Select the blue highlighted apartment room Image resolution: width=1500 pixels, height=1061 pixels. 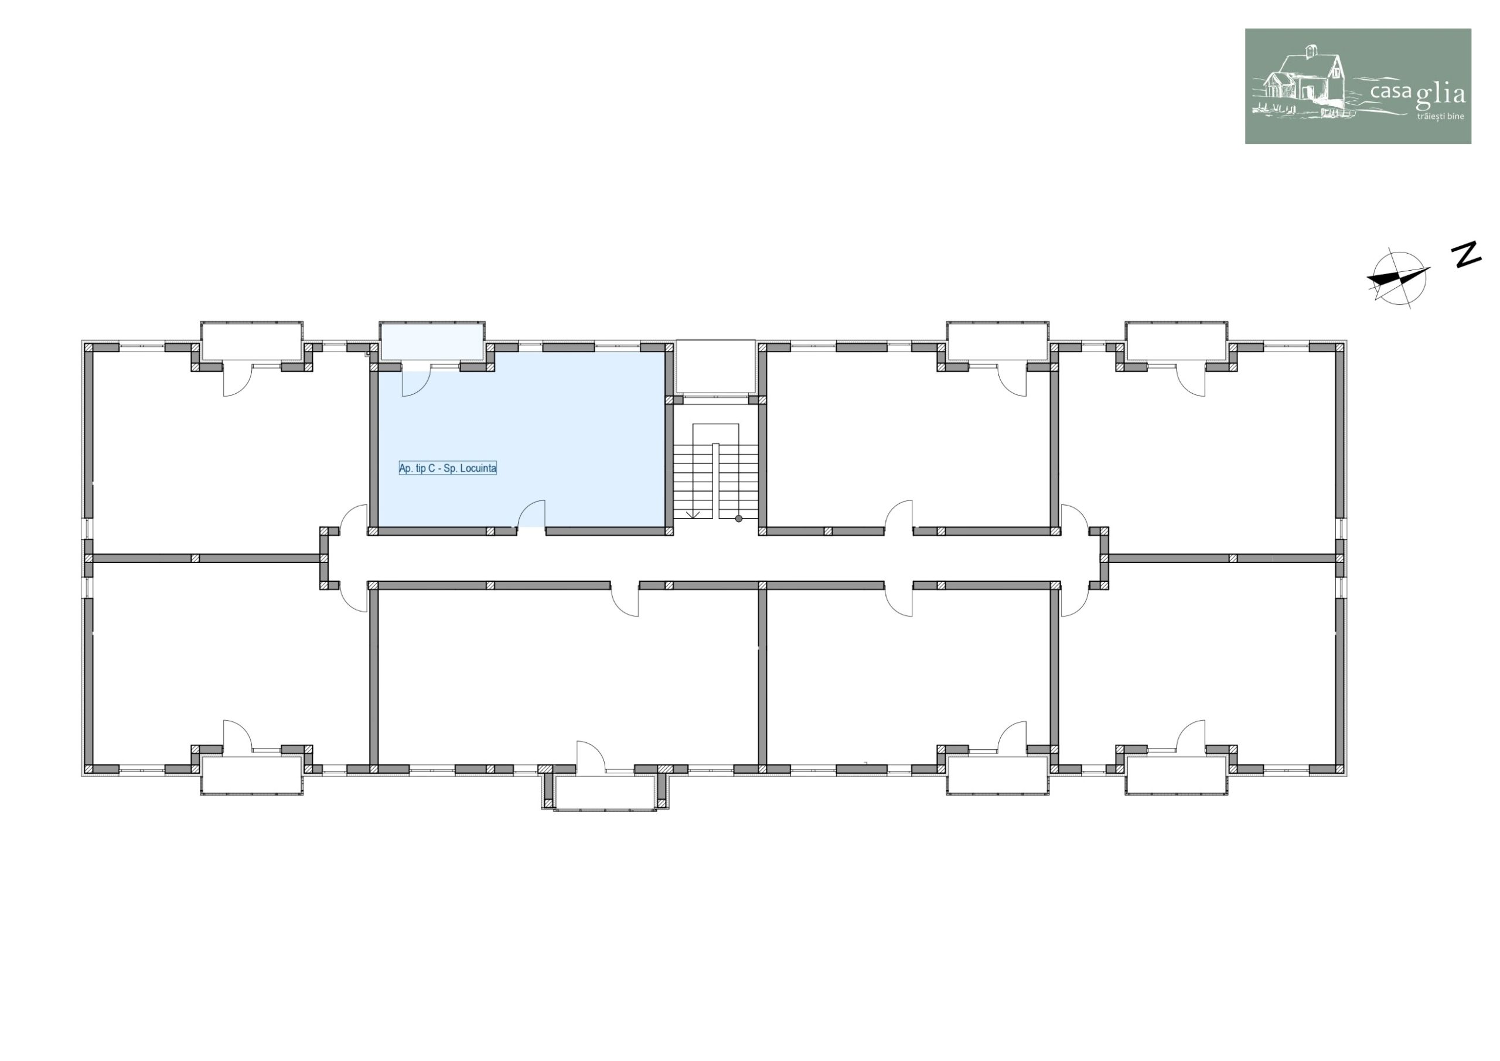[521, 439]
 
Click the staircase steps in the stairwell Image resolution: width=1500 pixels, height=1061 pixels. [716, 482]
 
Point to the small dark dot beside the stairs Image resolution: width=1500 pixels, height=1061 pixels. [739, 518]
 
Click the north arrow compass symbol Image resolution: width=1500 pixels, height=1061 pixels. [1398, 277]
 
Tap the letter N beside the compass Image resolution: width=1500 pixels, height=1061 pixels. [1466, 254]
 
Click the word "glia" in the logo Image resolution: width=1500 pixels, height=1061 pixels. [1441, 95]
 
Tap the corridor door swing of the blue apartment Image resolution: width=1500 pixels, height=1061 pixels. [531, 514]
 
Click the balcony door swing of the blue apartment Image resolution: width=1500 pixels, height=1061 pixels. [415, 383]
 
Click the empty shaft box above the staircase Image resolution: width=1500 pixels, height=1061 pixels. [716, 367]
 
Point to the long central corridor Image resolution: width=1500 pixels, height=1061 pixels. [716, 558]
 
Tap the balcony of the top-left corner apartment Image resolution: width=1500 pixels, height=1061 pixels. [251, 340]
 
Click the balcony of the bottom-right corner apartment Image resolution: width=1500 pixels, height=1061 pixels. [1176, 775]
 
